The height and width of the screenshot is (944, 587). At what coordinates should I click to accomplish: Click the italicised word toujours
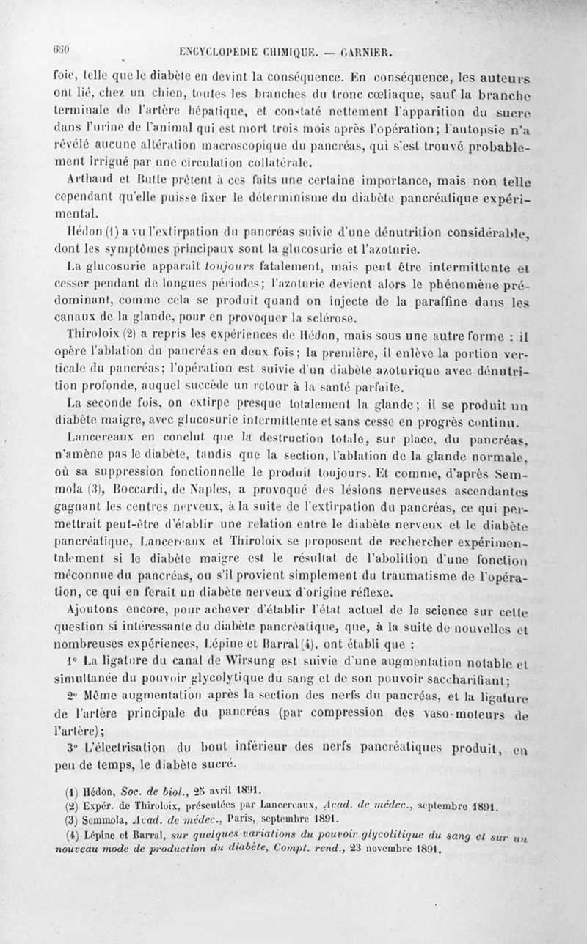[x=227, y=266]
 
